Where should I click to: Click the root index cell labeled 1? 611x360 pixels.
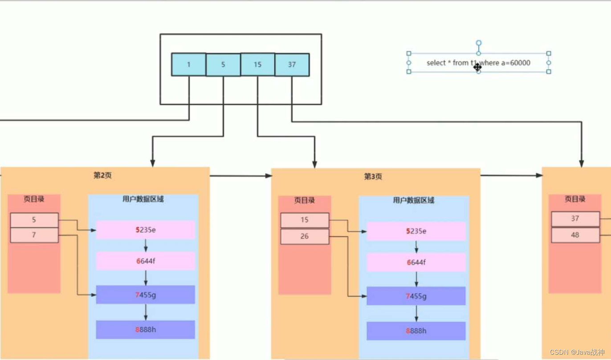pyautogui.click(x=189, y=65)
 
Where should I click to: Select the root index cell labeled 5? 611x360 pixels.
pyautogui.click(x=223, y=65)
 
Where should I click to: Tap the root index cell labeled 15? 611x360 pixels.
pyautogui.click(x=257, y=65)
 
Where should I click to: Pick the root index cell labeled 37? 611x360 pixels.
pyautogui.click(x=292, y=65)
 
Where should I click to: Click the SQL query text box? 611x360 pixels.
pyautogui.click(x=478, y=63)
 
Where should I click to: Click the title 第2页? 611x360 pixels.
pyautogui.click(x=102, y=175)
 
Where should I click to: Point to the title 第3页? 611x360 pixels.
pyautogui.click(x=373, y=177)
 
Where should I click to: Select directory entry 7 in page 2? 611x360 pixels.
pyautogui.click(x=34, y=235)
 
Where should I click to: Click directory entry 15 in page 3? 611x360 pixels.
pyautogui.click(x=305, y=220)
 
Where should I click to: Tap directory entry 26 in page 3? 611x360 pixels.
pyautogui.click(x=305, y=236)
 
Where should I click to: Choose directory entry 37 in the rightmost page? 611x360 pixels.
pyautogui.click(x=575, y=219)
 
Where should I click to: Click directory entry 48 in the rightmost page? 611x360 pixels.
pyautogui.click(x=575, y=235)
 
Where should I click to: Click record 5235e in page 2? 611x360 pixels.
pyautogui.click(x=146, y=230)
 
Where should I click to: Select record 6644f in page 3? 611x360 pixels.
pyautogui.click(x=416, y=263)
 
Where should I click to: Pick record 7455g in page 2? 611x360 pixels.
pyautogui.click(x=146, y=295)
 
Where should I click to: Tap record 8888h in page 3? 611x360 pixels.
pyautogui.click(x=416, y=331)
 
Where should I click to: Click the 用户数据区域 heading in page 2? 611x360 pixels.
pyautogui.click(x=143, y=199)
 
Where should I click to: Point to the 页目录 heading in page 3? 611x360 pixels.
pyautogui.click(x=305, y=201)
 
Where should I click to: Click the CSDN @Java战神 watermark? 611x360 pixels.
pyautogui.click(x=577, y=352)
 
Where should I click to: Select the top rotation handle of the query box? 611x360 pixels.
pyautogui.click(x=479, y=43)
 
